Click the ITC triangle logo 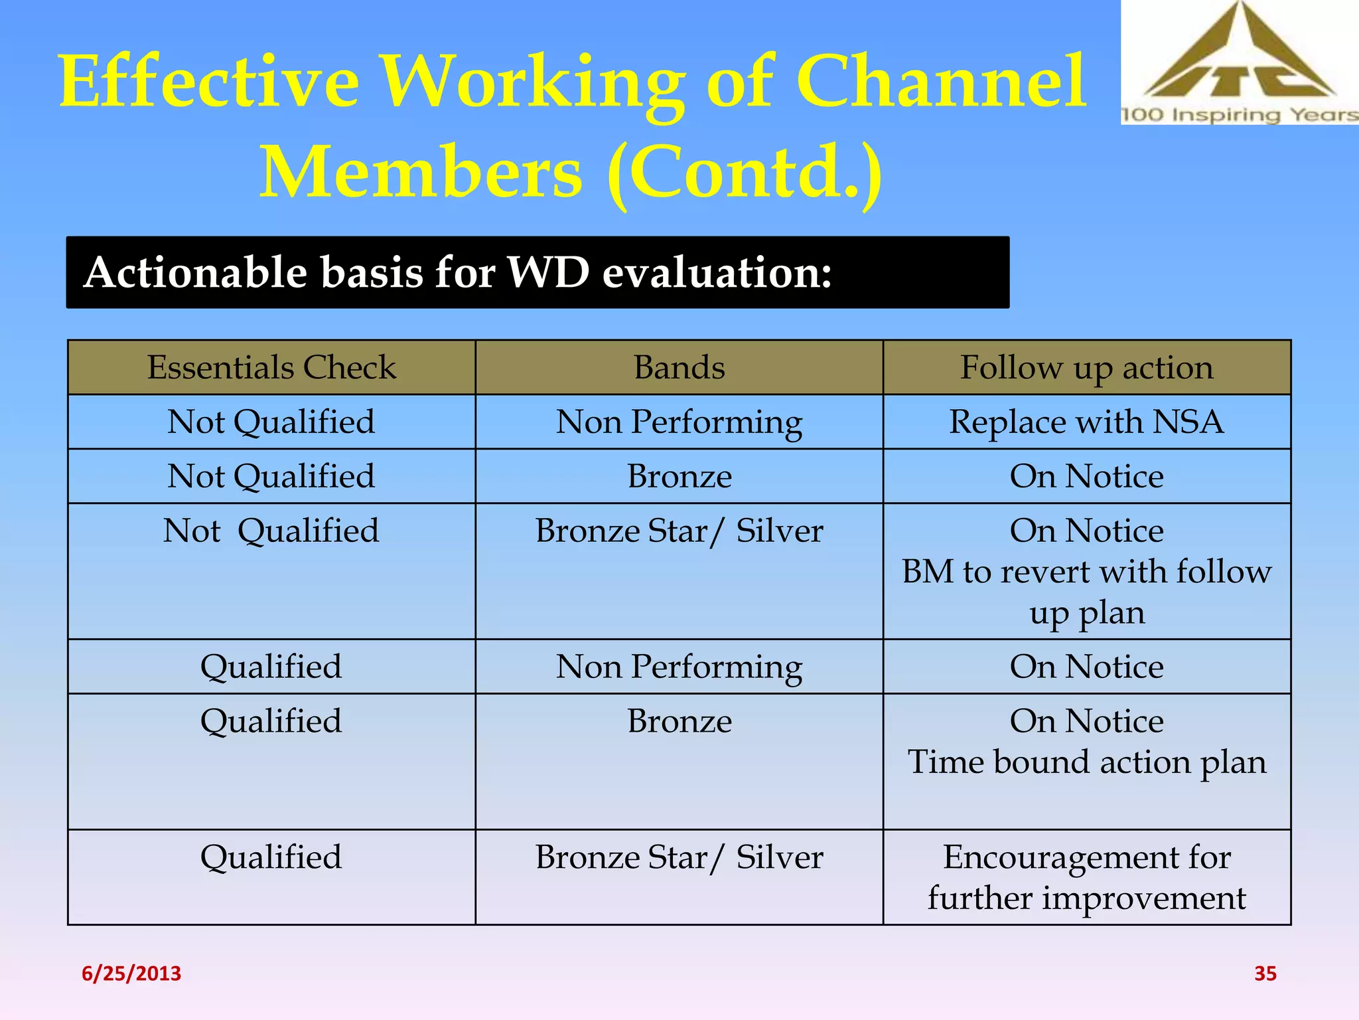click(x=1239, y=56)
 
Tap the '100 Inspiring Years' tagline click(x=1239, y=114)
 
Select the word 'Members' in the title click(x=421, y=172)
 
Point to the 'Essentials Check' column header click(x=271, y=367)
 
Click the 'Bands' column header click(x=679, y=367)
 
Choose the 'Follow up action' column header click(x=1086, y=367)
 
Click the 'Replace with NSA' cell click(x=1086, y=422)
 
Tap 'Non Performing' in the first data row click(x=679, y=422)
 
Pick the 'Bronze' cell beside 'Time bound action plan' click(x=679, y=721)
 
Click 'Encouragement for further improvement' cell click(x=1086, y=877)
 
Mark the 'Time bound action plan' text click(x=1086, y=762)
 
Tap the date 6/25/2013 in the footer click(x=131, y=974)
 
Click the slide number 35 click(x=1265, y=974)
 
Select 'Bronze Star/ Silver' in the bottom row click(x=679, y=857)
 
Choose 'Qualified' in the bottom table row click(x=271, y=857)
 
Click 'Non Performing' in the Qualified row click(x=679, y=667)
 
